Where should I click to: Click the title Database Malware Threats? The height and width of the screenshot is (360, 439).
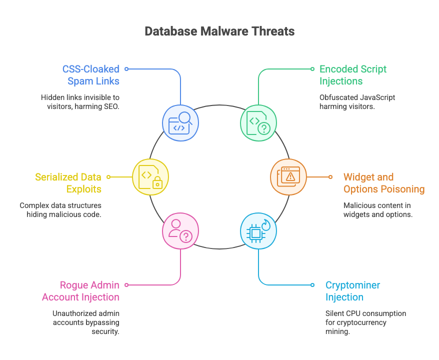coord(219,31)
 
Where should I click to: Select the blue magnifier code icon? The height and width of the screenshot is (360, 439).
coord(180,123)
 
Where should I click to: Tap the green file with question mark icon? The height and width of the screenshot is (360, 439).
coord(258,123)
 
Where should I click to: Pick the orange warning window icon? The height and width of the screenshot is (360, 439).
coord(288,176)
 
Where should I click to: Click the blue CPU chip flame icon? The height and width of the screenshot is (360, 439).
coord(258,230)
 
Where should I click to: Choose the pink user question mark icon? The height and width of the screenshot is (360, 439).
coord(180,230)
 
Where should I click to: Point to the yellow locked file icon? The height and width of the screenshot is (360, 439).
coord(150,176)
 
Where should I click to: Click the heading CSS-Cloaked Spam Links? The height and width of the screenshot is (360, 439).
coord(90,75)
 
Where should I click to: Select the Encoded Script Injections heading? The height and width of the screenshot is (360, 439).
coord(353,75)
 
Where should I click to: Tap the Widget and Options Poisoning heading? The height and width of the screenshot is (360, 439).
coord(383,183)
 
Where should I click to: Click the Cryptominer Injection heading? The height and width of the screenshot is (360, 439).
coord(352,291)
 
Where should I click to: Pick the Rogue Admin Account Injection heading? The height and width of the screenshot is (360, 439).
coord(80,291)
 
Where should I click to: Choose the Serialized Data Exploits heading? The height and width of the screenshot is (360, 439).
coord(68,183)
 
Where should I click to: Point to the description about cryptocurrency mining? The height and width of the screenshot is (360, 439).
coord(365,322)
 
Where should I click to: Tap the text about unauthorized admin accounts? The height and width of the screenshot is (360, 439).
coord(86,322)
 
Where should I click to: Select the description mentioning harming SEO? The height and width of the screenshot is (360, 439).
coord(80,101)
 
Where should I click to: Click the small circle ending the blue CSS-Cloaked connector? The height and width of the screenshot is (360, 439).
coord(126,69)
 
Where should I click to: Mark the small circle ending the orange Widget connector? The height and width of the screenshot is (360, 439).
coord(330,176)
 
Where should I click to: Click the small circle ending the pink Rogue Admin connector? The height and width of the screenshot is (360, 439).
coord(126,284)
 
